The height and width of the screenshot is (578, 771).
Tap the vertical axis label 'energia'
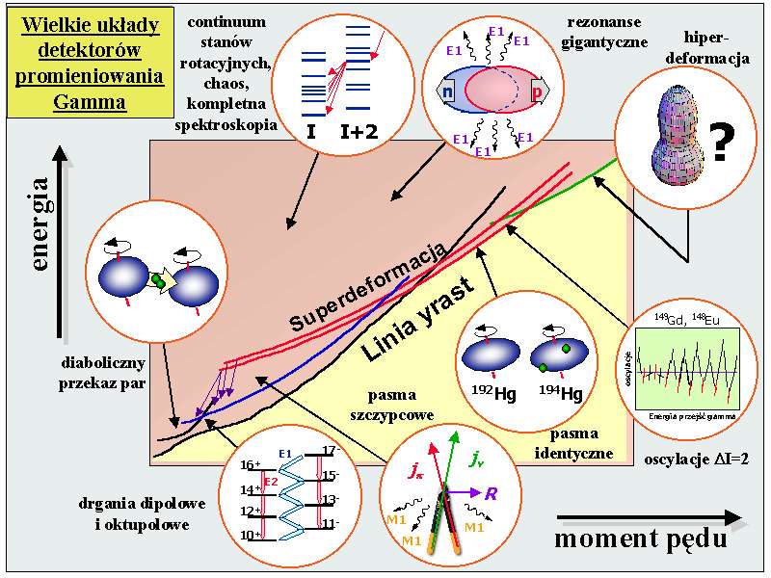click(x=40, y=222)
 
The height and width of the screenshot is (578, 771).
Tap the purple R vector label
click(x=491, y=494)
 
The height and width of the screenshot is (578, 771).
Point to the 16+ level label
click(x=250, y=465)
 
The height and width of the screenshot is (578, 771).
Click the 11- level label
click(x=331, y=526)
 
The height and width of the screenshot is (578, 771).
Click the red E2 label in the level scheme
click(x=271, y=482)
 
